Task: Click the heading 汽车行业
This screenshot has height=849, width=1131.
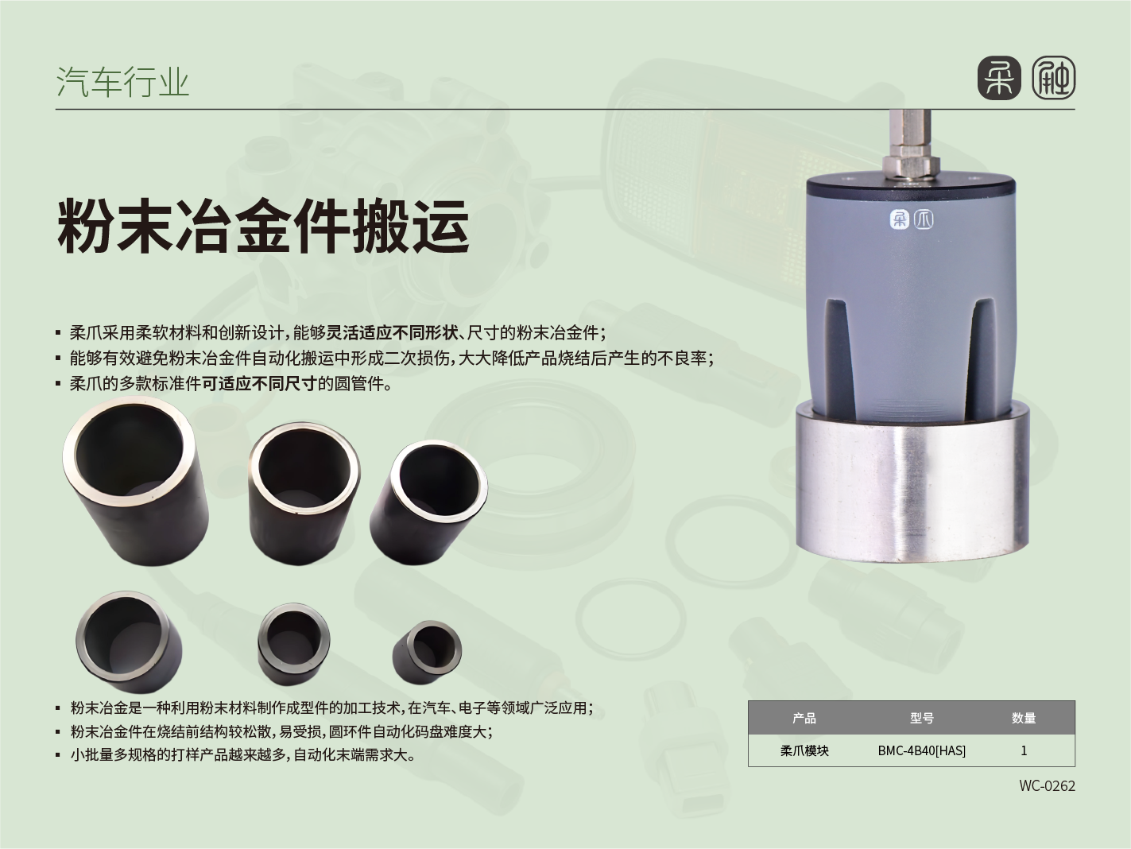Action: (x=122, y=83)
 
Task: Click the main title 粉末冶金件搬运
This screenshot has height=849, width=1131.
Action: (x=263, y=227)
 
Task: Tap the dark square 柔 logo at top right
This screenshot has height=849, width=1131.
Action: (x=999, y=79)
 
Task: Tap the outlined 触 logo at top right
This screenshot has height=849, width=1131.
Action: (x=1053, y=79)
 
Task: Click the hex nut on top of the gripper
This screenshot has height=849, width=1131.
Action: (x=911, y=165)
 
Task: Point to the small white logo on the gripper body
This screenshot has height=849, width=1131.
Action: (x=912, y=219)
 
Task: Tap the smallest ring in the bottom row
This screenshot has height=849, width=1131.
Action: (x=427, y=652)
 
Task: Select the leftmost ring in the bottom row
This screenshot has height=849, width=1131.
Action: (x=129, y=641)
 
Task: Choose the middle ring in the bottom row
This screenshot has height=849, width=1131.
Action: (x=294, y=644)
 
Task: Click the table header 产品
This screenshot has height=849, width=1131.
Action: (x=804, y=718)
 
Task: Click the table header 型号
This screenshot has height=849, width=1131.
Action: (x=922, y=718)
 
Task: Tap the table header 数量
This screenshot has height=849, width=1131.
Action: (x=1024, y=718)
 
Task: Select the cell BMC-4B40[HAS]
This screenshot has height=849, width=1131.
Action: (x=922, y=750)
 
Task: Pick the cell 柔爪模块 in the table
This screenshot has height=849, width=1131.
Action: (x=804, y=750)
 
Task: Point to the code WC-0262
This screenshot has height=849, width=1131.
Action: (x=1047, y=785)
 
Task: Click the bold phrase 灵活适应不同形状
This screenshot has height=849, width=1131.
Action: (x=392, y=333)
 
